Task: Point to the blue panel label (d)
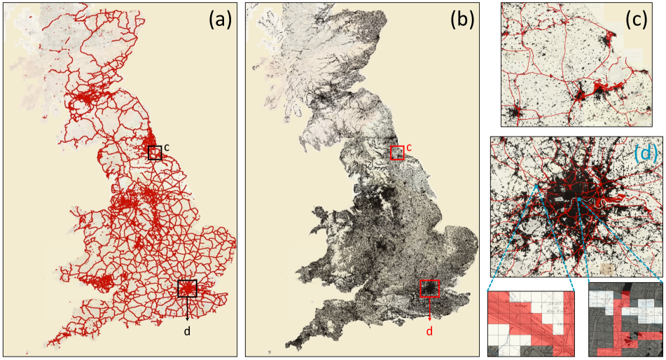pos(645,154)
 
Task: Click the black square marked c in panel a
pos(155,153)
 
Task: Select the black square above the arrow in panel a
pos(187,289)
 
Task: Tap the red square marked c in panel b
pos(397,153)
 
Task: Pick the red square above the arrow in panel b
pos(429,289)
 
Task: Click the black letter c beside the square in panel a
pos(167,146)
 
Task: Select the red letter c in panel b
pos(409,146)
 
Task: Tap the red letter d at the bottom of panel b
pos(429,331)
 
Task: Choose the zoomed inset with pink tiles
pos(530,319)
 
